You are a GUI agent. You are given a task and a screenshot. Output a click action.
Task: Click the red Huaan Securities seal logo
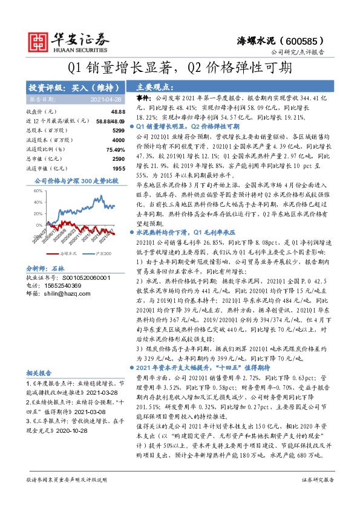click(38, 41)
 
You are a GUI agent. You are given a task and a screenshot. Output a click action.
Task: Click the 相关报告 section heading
click(39, 374)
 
